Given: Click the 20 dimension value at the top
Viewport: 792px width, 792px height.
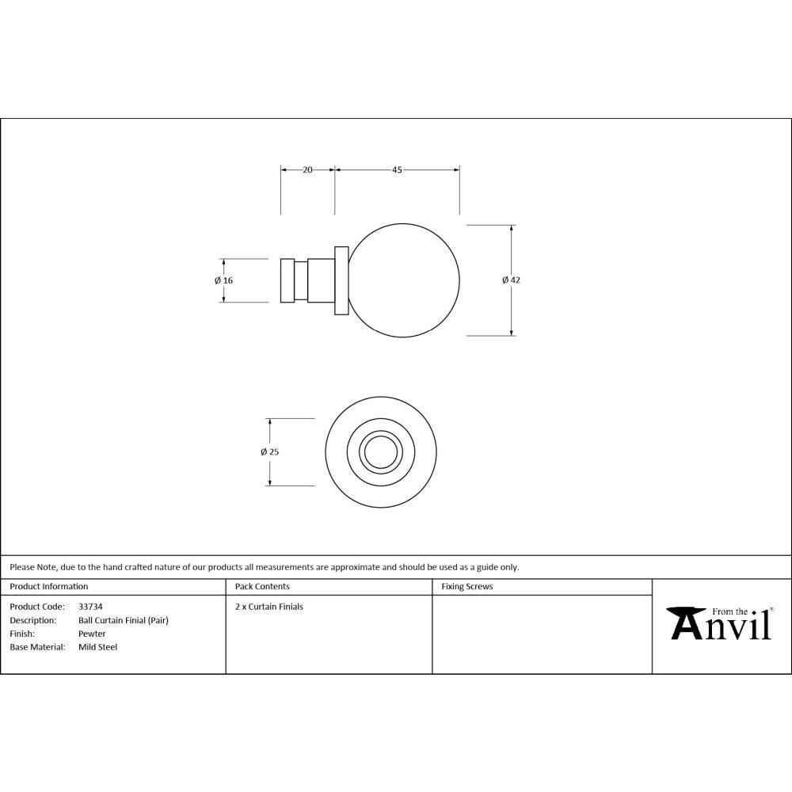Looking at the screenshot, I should [x=308, y=169].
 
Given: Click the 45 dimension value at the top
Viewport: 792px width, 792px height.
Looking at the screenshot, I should [x=397, y=169].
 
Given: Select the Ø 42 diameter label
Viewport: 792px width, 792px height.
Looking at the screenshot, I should [x=511, y=280].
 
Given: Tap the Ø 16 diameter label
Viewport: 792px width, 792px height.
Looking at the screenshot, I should [x=223, y=280].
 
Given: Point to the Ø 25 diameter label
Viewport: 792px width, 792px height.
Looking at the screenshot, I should [x=269, y=452].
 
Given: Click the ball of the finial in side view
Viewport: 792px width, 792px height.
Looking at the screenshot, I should [x=405, y=280].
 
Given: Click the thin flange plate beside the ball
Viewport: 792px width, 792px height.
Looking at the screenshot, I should [x=341, y=280].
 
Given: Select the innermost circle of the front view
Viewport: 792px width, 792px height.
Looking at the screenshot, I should [x=382, y=452].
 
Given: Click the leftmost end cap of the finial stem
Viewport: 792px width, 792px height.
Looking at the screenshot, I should [x=287, y=280].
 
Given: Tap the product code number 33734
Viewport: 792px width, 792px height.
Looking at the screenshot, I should [x=90, y=607].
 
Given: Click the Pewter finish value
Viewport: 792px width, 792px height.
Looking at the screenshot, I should [x=92, y=634].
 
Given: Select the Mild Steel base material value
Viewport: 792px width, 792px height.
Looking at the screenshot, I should [x=97, y=647].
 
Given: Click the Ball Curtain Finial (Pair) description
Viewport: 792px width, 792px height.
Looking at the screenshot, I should [x=123, y=620].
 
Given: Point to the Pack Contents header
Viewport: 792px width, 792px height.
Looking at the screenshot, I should [x=262, y=587].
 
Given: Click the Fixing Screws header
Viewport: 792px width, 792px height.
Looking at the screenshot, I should [x=467, y=587].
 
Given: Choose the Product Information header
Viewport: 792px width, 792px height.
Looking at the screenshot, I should [x=48, y=587].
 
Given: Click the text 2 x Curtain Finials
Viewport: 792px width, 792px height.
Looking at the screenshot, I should [x=269, y=607].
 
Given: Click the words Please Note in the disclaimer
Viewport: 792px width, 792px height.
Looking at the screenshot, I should [x=32, y=567].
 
